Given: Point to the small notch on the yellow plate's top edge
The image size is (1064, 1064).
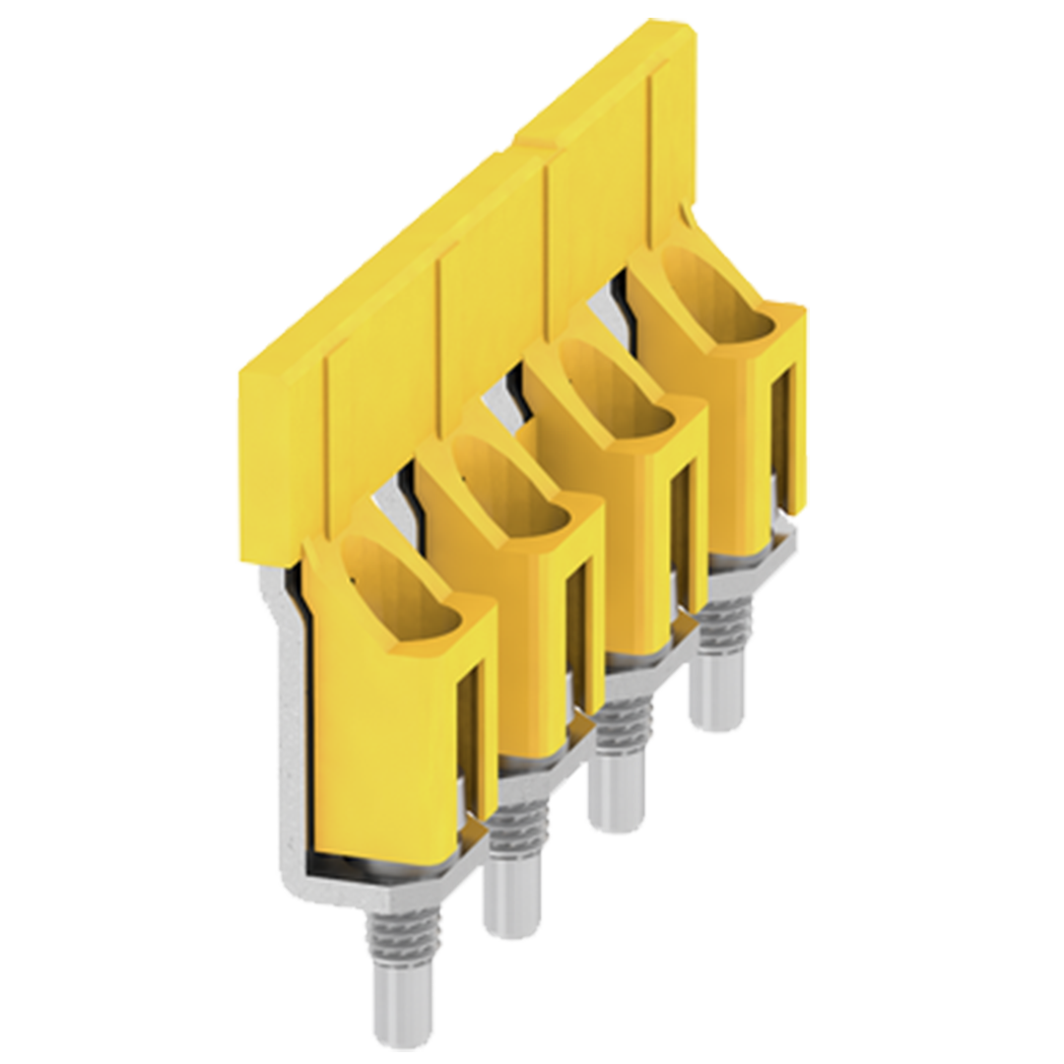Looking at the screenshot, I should tap(532, 148).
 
